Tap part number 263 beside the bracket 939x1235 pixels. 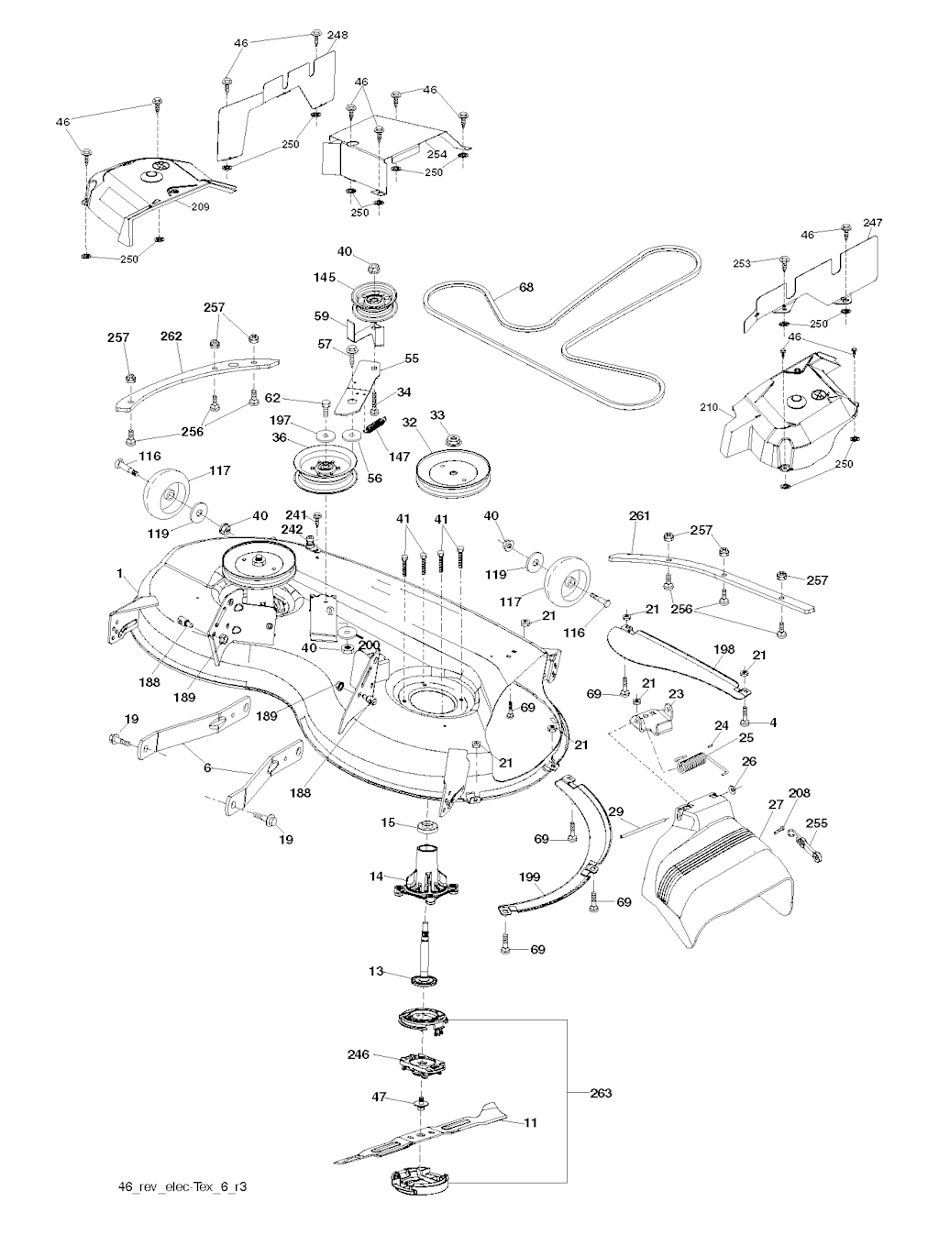pos(602,1093)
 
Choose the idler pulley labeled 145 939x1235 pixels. pos(374,298)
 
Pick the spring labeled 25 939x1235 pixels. pos(693,760)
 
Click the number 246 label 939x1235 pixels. pos(358,1054)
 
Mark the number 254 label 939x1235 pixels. pos(436,154)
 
